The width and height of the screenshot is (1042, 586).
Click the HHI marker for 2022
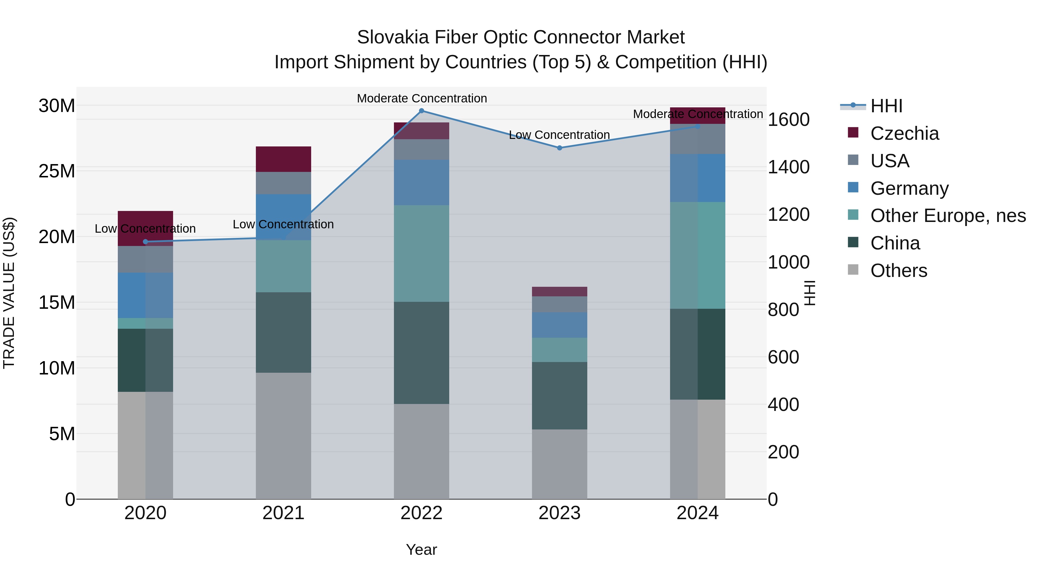pos(421,111)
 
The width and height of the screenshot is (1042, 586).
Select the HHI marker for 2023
pos(559,148)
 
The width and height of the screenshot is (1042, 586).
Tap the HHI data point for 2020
pos(146,242)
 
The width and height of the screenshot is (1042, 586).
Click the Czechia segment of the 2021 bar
pos(283,159)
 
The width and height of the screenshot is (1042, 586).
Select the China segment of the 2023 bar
pos(559,396)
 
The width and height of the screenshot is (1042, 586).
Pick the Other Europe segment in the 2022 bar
pos(421,253)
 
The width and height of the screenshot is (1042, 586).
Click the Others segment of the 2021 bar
pos(283,436)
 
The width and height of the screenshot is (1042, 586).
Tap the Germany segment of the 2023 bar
pos(559,325)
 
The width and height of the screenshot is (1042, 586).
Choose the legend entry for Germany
pos(909,188)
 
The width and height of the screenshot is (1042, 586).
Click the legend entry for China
pos(895,243)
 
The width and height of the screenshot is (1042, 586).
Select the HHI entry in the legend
pos(886,106)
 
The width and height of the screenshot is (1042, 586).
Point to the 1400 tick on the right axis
pos(788,167)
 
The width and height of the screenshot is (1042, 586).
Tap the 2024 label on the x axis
pos(697,513)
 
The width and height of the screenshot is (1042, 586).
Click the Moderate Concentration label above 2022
pos(421,98)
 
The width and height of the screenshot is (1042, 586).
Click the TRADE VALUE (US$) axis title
pos(9,293)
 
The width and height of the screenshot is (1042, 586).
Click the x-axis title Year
pos(421,550)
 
